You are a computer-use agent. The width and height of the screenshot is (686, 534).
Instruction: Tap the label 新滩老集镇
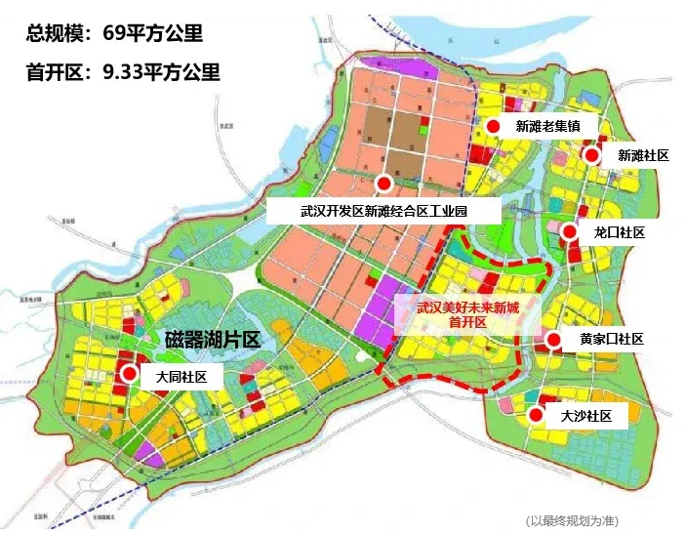pos(547,127)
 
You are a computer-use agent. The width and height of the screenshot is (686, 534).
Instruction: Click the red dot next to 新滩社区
pos(590,155)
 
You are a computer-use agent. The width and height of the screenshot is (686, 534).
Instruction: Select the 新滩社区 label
pos(643,155)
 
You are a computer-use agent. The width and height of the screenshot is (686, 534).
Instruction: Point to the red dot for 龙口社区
pos(569,231)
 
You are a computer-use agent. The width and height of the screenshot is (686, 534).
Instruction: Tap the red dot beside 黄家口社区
pos(553,340)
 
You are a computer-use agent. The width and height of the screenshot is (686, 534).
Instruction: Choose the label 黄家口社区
pos(612,340)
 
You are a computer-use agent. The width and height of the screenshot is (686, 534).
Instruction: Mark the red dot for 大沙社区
pos(536,416)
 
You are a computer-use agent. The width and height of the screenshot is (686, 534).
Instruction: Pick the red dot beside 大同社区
pos(129,374)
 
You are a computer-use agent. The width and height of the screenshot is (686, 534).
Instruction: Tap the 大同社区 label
pos(182,376)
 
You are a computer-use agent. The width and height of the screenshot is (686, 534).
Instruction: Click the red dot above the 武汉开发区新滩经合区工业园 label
pos(384,184)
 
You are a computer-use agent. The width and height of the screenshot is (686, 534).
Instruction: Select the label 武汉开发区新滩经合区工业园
pos(385,211)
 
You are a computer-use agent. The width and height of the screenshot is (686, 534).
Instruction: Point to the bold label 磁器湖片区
pos(212,340)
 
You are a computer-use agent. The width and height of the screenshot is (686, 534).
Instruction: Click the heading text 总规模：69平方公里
pos(115,34)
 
